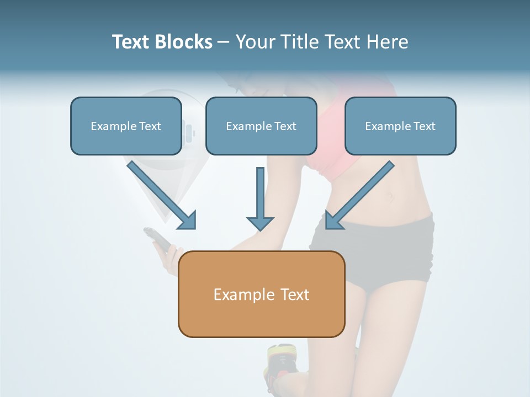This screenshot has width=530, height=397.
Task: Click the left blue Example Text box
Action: (126, 126)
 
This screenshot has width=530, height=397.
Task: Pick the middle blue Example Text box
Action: (261, 126)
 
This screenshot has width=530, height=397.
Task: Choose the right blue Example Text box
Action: (400, 126)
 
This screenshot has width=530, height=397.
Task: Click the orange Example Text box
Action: (261, 294)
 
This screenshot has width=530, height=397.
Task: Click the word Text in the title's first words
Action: (130, 42)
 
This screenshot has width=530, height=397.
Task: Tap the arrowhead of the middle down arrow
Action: (259, 222)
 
